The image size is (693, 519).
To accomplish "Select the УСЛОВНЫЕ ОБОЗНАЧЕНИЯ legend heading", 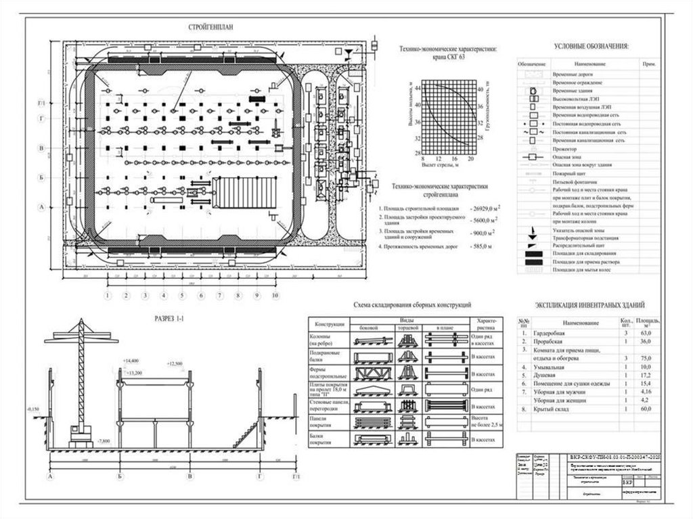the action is [591, 46].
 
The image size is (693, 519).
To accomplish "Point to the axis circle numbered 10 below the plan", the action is [275, 296].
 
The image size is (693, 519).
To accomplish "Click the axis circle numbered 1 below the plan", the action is [107, 296].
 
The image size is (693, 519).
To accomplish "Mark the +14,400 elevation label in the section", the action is [131, 361].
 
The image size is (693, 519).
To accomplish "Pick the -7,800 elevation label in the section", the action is [105, 441].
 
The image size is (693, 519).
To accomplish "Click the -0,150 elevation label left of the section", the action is [32, 409].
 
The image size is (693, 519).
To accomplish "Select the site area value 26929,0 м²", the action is [484, 208].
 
